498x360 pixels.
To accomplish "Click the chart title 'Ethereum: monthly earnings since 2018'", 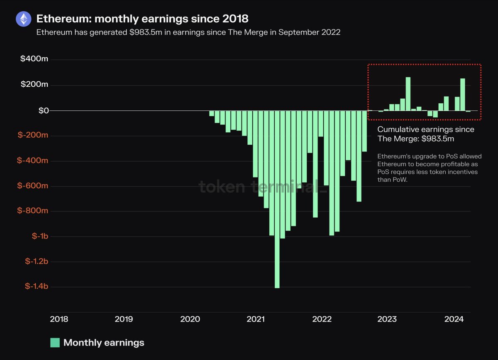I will (142, 19).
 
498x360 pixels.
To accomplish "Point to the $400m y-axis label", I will (34, 59).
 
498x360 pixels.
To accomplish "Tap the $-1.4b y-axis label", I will (37, 287).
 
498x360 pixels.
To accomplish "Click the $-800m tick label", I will (33, 211).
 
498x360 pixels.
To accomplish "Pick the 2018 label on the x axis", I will (59, 319).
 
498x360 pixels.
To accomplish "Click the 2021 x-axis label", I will (256, 319).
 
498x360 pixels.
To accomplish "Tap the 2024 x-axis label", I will (454, 319).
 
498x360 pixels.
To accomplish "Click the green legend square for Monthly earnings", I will (55, 343).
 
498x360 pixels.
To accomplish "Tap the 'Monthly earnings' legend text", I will (104, 343).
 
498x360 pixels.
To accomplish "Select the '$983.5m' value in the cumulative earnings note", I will (437, 139).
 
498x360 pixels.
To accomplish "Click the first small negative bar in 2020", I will (212, 114).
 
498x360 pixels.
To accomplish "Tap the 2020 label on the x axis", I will (190, 319).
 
